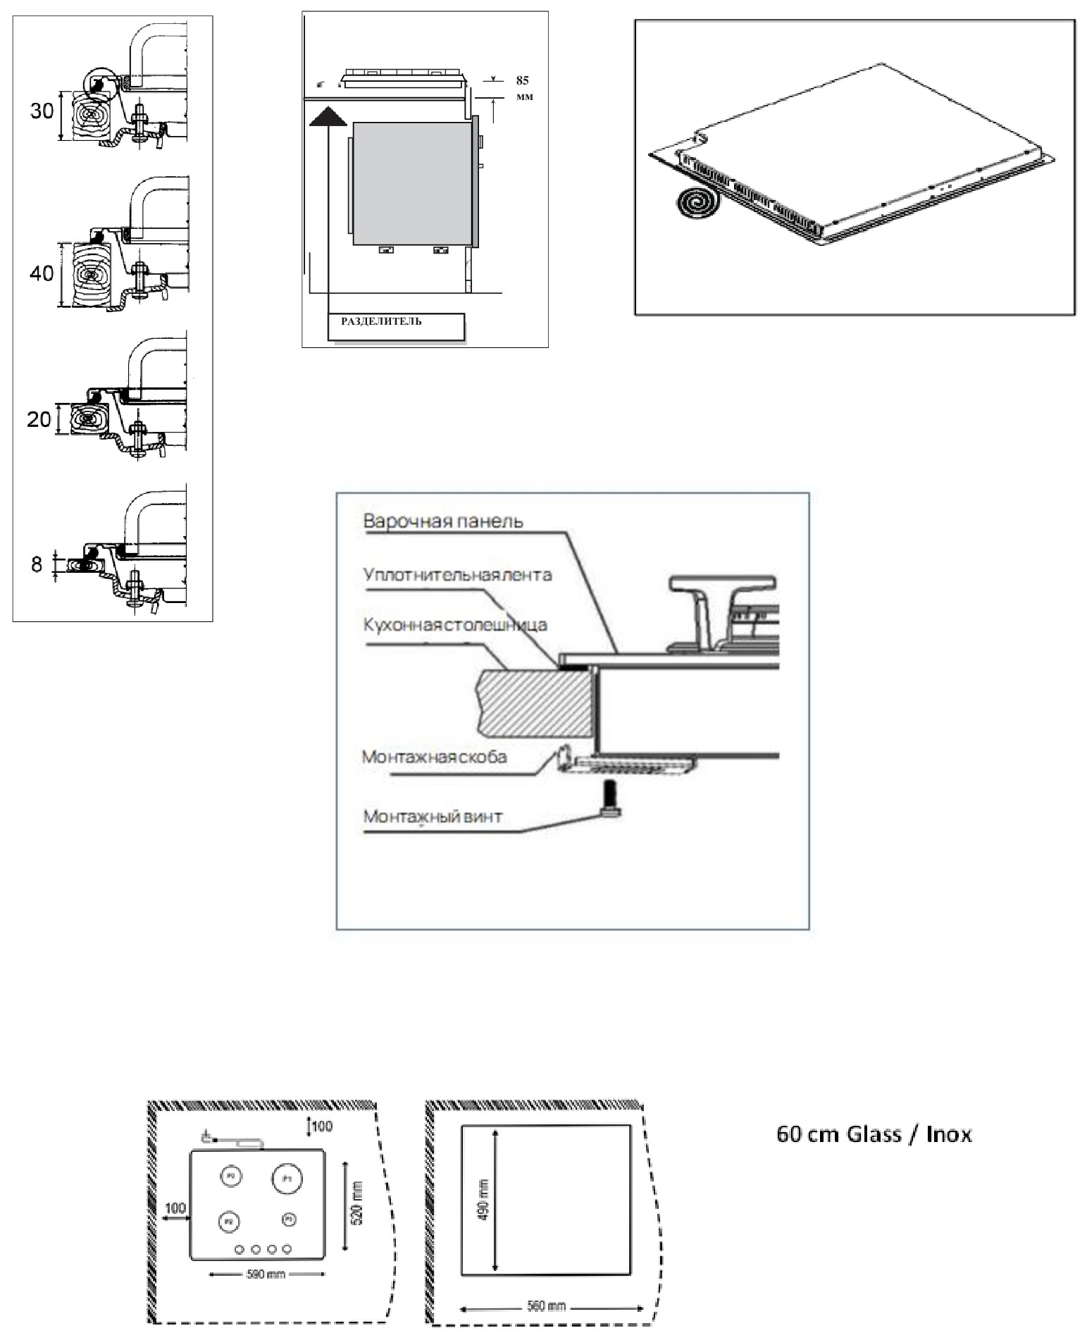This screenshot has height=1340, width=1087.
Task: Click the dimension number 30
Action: click(42, 111)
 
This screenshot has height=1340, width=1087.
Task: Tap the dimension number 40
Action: click(42, 273)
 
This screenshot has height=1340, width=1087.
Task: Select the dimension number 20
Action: click(39, 420)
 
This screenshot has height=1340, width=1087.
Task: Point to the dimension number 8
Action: click(37, 564)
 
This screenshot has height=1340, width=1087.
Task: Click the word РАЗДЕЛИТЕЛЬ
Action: click(381, 322)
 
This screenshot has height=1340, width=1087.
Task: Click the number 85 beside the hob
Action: click(522, 80)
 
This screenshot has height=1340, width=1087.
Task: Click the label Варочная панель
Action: click(443, 522)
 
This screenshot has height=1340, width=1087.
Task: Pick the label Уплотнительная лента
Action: click(457, 575)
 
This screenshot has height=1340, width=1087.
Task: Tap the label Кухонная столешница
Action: click(455, 625)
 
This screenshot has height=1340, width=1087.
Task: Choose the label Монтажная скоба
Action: click(434, 757)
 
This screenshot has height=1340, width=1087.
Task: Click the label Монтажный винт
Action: click(433, 817)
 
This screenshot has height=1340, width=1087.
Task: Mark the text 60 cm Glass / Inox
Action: click(874, 1134)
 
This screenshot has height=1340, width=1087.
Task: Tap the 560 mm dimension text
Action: click(547, 1306)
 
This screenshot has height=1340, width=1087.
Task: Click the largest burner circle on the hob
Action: click(287, 1179)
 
